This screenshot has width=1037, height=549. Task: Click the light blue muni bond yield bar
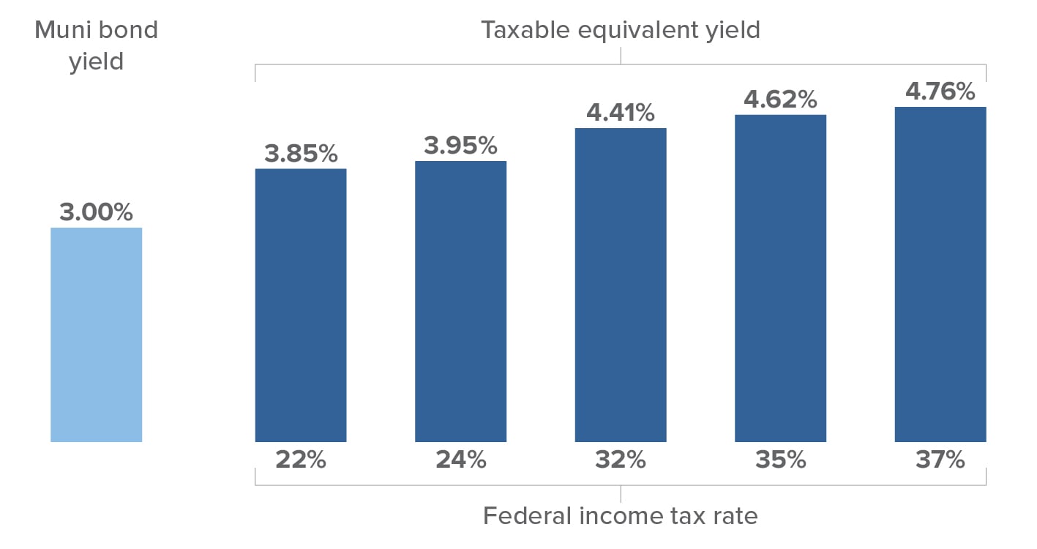[x=96, y=335]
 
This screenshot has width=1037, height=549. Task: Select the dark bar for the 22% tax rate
[x=300, y=305]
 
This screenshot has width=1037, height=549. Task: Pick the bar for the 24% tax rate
[x=460, y=301]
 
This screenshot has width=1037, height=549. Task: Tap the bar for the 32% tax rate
[x=621, y=285]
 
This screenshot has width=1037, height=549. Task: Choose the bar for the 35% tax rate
[x=780, y=278]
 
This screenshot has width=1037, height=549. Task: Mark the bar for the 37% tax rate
[x=940, y=274]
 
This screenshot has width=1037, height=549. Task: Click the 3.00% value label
[x=96, y=212]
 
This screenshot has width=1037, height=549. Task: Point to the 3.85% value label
[x=301, y=154]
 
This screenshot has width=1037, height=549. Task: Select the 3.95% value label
[x=460, y=146]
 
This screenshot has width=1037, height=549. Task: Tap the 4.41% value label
[x=621, y=113]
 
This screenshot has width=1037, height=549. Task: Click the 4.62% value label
[x=780, y=99]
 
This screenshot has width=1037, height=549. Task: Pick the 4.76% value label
[x=940, y=91]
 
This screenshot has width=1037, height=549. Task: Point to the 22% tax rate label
[x=300, y=460]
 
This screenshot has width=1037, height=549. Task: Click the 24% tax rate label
[x=460, y=460]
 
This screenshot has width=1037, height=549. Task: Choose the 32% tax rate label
[x=621, y=460]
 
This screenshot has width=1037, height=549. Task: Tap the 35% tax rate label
[x=780, y=460]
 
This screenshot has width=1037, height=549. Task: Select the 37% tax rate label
[x=940, y=460]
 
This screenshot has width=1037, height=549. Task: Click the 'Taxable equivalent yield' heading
[x=621, y=30]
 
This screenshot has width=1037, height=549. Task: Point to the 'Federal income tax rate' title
[x=621, y=516]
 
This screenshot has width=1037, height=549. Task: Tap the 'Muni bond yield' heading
[x=96, y=45]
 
